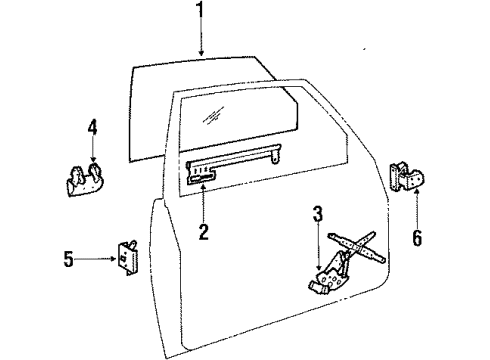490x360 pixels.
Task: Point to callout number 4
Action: coord(91,128)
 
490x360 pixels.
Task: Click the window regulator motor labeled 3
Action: coord(323,284)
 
